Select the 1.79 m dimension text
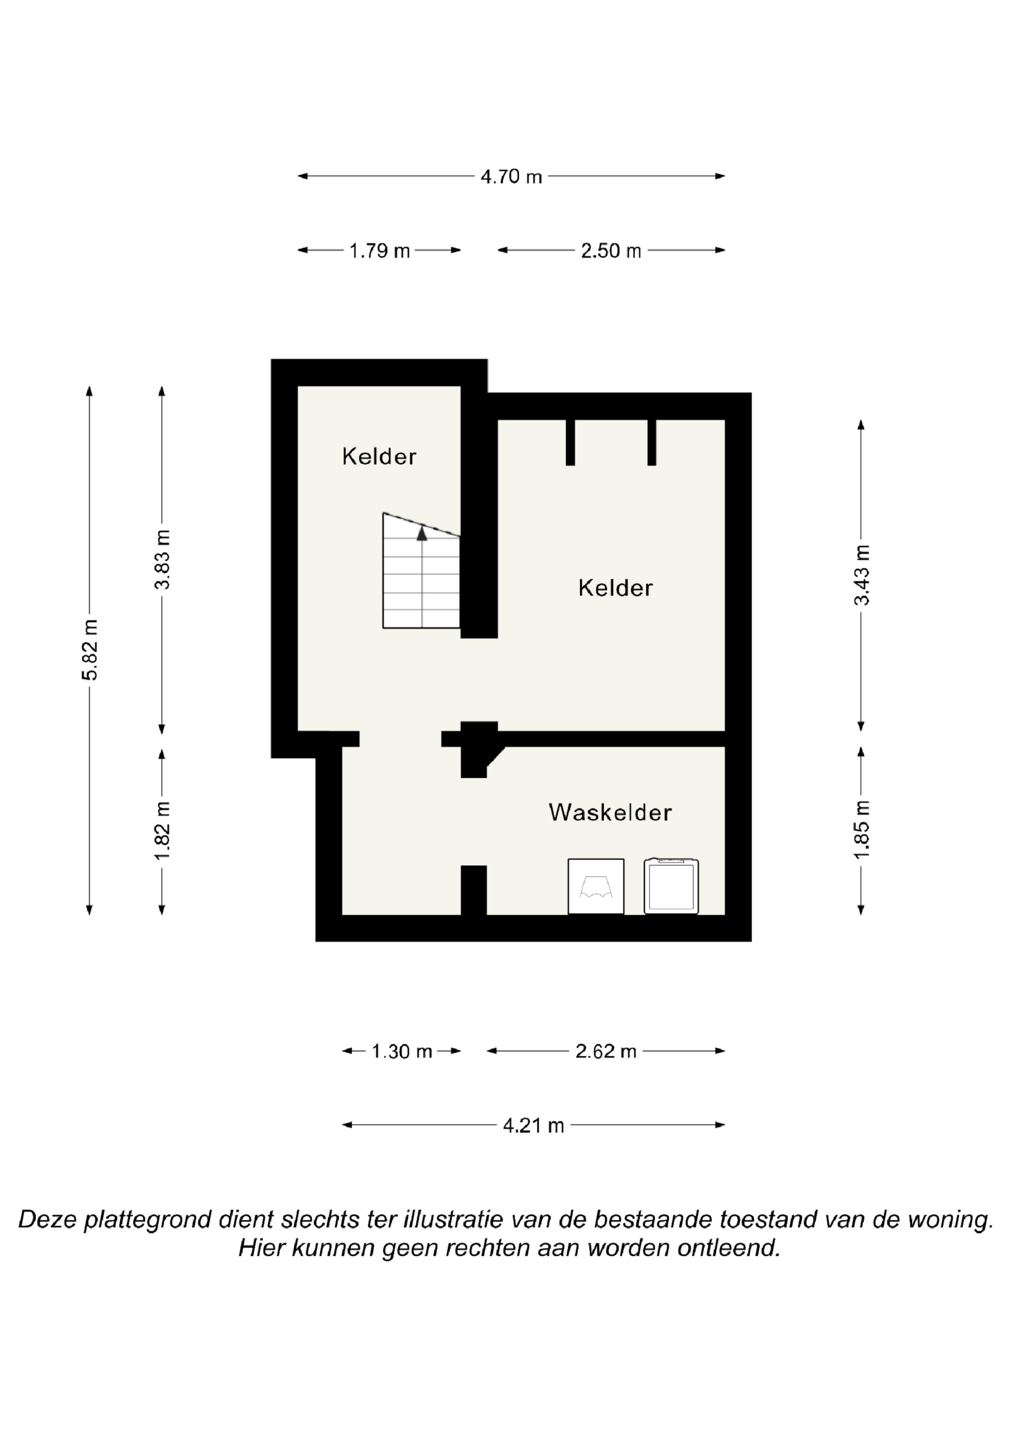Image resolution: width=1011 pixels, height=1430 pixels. pos(379,251)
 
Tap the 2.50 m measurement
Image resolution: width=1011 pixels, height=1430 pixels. pos(611,251)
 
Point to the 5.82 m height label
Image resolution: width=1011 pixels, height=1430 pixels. pos(90,650)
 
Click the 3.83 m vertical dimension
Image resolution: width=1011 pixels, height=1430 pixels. pos(163,559)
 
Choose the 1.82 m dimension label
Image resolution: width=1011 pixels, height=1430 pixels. pos(163,830)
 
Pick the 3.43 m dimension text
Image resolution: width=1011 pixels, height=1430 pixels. pos(861,575)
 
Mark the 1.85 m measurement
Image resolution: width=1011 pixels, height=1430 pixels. pos(861,830)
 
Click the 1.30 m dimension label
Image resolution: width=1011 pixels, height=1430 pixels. pos(402,1052)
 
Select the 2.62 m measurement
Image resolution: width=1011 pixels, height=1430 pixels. pos(606,1052)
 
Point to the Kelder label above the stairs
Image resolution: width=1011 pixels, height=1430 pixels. pos(379,456)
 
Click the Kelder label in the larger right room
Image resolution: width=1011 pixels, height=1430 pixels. pos(615,588)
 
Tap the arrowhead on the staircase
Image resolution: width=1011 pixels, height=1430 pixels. pos(422,532)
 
